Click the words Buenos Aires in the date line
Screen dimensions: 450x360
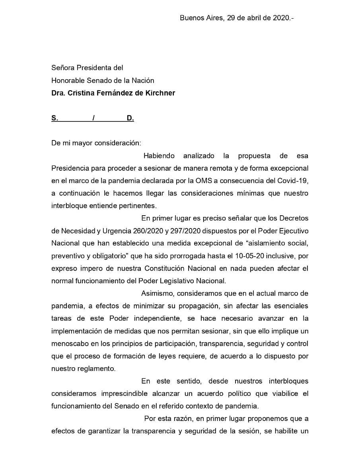[202, 18]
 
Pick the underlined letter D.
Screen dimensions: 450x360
[130, 118]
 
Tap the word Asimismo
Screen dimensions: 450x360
[158, 294]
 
